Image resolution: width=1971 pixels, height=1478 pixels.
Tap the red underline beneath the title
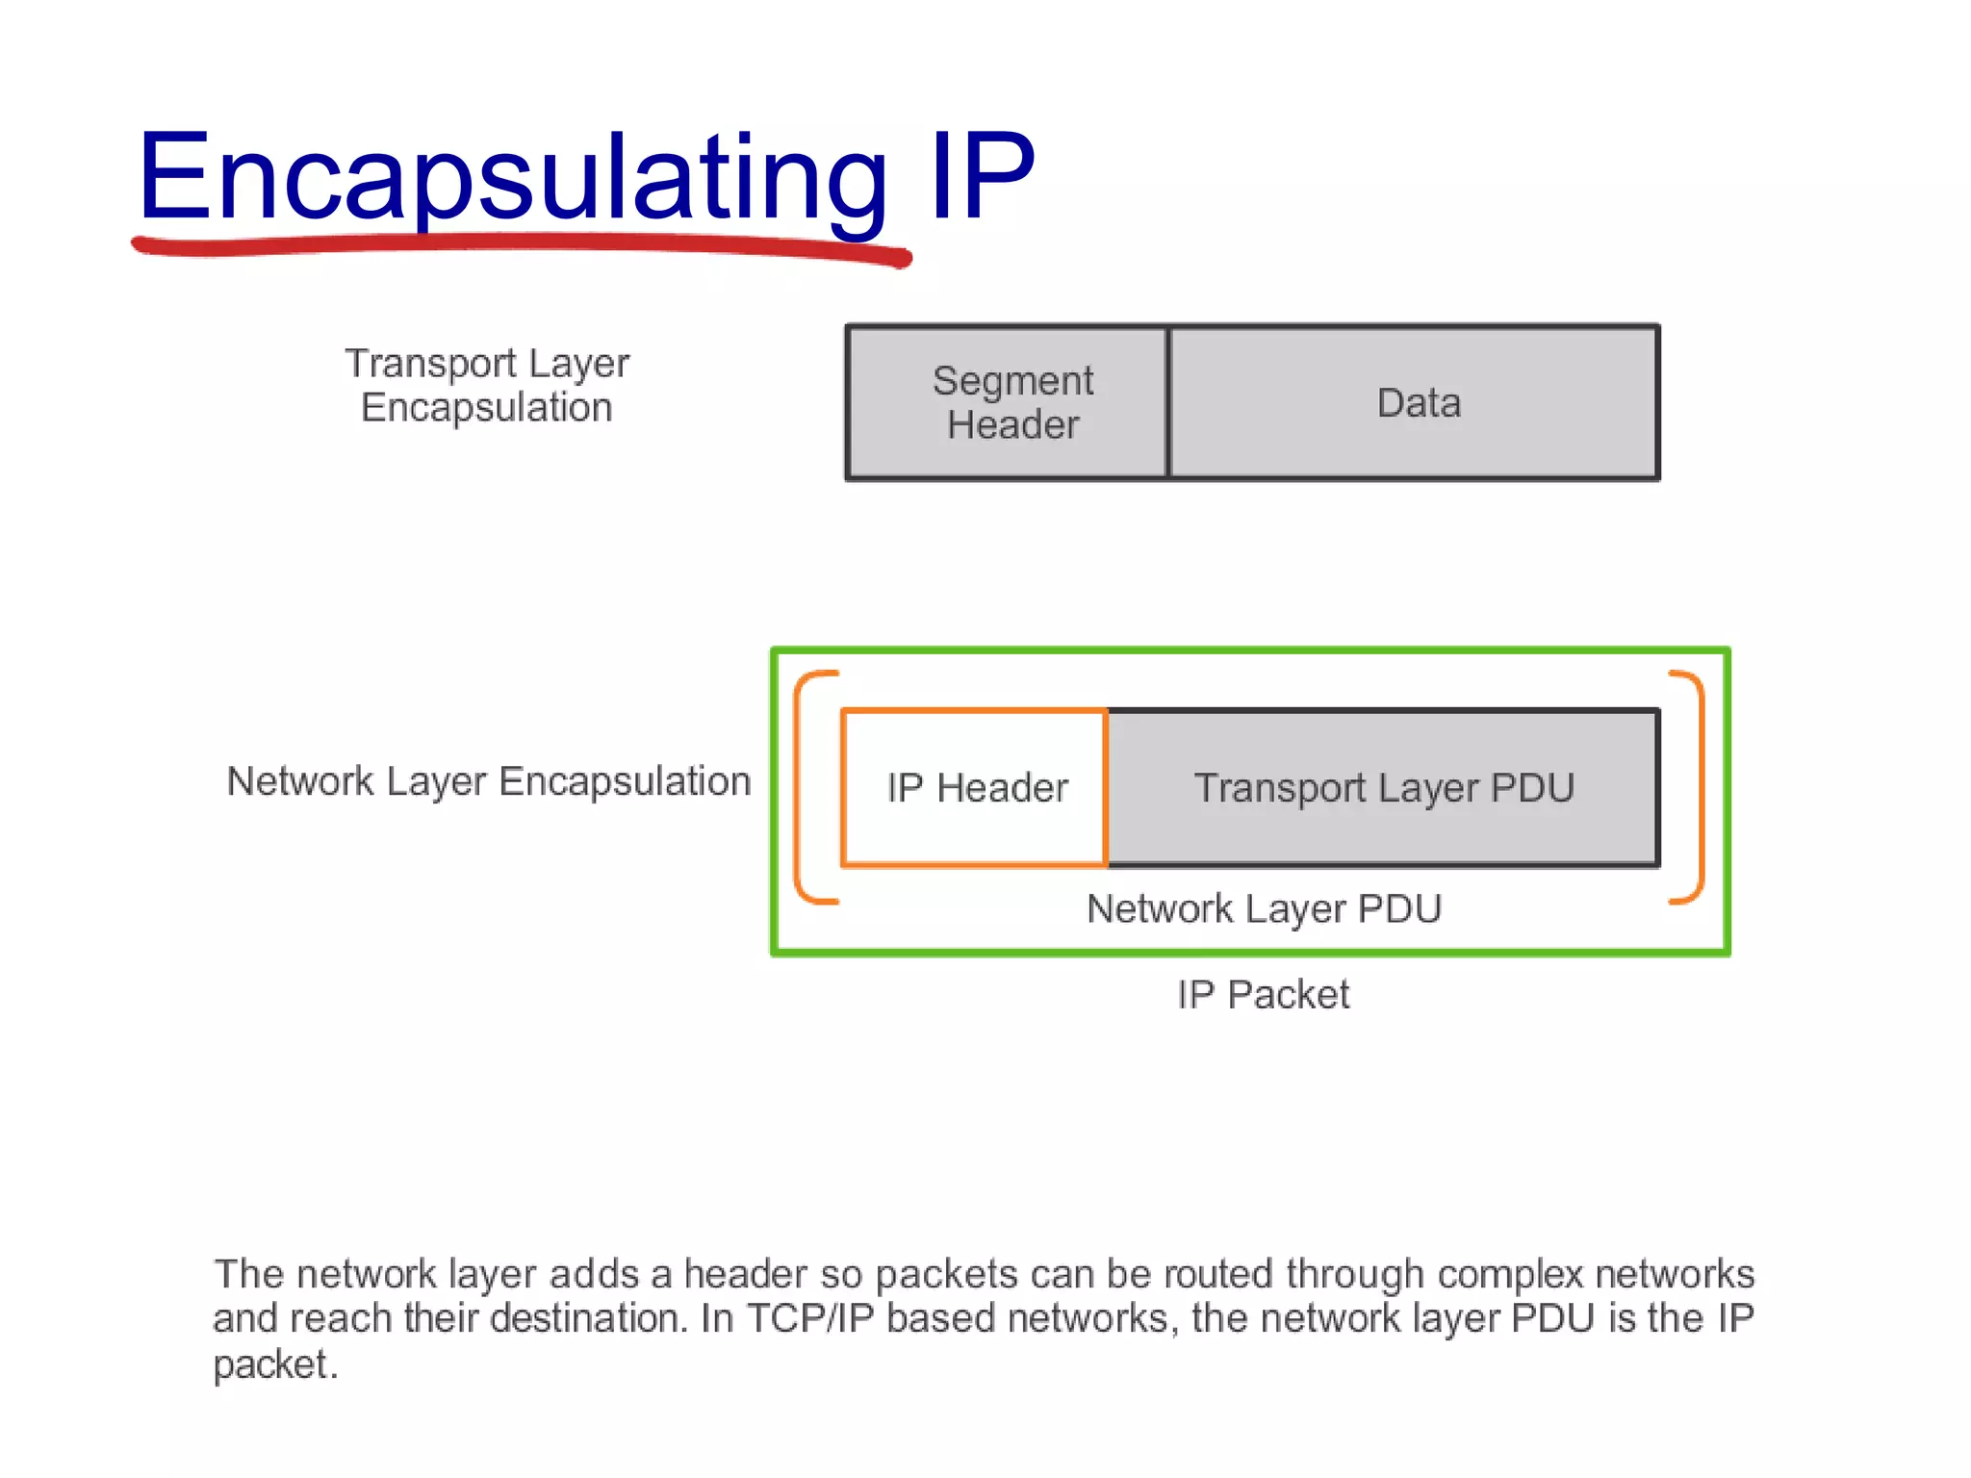[520, 244]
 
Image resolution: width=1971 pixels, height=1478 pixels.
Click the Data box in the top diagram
[1415, 402]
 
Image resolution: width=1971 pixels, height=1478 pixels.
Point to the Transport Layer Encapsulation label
[487, 385]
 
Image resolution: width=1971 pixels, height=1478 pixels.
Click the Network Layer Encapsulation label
[488, 781]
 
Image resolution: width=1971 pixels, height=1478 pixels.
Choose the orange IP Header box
[975, 787]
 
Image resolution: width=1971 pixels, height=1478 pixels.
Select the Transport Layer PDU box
[1384, 787]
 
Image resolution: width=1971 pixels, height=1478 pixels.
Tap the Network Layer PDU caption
[1264, 908]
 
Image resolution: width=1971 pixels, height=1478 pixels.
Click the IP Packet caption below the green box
[1263, 994]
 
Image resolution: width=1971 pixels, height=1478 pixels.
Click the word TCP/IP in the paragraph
[810, 1318]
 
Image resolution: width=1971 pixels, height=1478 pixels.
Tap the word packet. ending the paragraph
[275, 1364]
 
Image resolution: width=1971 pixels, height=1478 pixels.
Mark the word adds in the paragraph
[594, 1274]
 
